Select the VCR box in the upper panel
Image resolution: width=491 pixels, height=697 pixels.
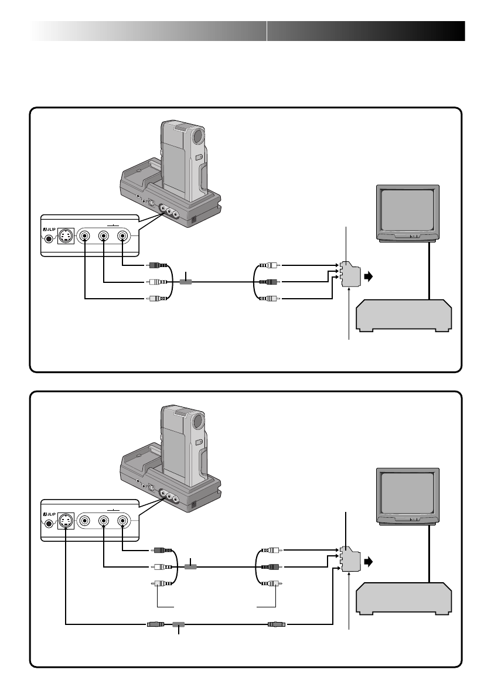[404, 316]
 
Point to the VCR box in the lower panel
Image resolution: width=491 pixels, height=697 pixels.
[404, 599]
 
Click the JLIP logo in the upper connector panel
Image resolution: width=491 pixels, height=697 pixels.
[49, 230]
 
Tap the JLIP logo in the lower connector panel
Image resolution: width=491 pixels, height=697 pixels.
[49, 514]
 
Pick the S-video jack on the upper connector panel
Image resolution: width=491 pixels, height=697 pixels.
[66, 236]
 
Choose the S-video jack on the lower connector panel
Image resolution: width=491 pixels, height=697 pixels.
[66, 521]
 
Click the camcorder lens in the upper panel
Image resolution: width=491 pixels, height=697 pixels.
[199, 136]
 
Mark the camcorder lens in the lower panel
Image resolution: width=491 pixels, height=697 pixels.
[199, 421]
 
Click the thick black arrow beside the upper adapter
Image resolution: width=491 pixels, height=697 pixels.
[368, 276]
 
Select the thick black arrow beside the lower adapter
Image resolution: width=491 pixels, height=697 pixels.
[368, 562]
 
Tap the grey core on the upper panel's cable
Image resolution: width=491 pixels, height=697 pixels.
[186, 282]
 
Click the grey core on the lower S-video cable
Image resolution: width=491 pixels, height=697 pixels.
[178, 624]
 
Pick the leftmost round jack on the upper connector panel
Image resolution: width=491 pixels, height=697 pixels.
[84, 236]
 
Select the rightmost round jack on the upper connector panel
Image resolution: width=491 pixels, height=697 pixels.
[122, 236]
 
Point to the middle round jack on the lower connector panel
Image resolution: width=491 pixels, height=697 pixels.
[103, 521]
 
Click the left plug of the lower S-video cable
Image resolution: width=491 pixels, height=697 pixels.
[156, 624]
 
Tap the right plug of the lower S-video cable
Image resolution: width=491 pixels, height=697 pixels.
[277, 624]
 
